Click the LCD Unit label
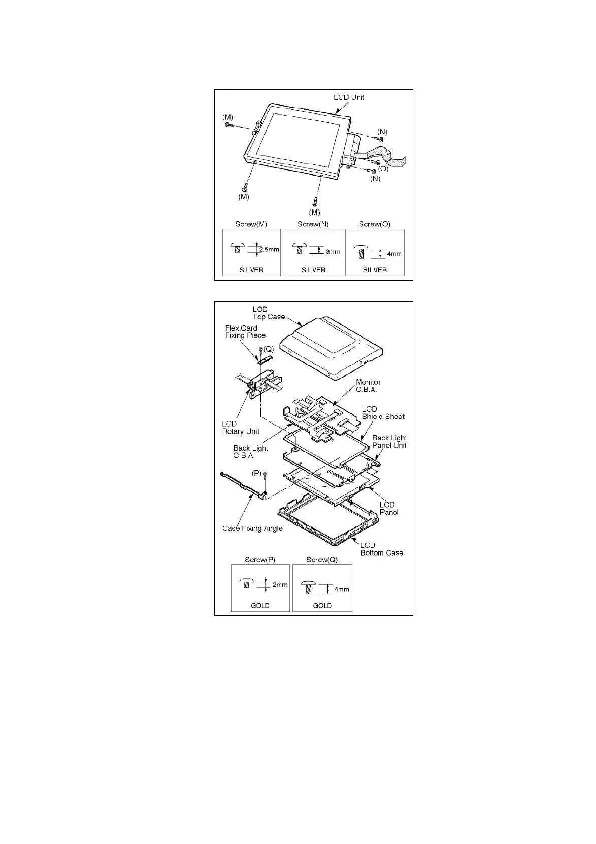(349, 97)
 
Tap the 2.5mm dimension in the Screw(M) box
(269, 249)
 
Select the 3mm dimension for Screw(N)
(333, 251)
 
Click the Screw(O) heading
(374, 224)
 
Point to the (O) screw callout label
(383, 169)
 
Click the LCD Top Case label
(268, 313)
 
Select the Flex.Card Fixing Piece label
(245, 332)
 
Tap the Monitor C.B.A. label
(368, 386)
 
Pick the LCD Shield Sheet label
(383, 413)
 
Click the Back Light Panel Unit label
(389, 441)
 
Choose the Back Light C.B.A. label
(250, 452)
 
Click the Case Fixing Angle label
(252, 528)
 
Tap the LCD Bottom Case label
(382, 549)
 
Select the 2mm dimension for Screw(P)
(280, 584)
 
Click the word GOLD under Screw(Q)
(322, 605)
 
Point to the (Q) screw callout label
(269, 349)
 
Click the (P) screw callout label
(256, 472)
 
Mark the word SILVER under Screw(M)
(251, 270)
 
